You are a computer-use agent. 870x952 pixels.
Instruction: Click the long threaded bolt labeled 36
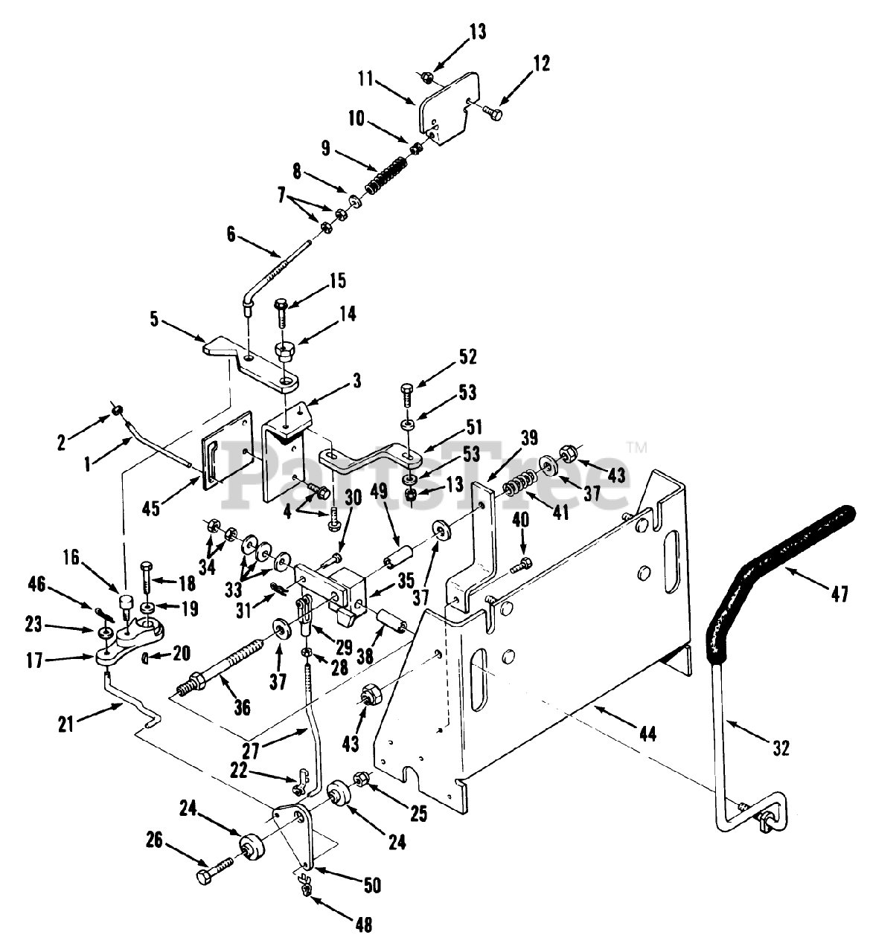(x=223, y=662)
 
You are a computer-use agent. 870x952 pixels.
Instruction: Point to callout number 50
(x=371, y=886)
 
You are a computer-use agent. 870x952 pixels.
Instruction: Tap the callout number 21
(x=65, y=722)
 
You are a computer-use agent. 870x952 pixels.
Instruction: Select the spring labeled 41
(x=514, y=492)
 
